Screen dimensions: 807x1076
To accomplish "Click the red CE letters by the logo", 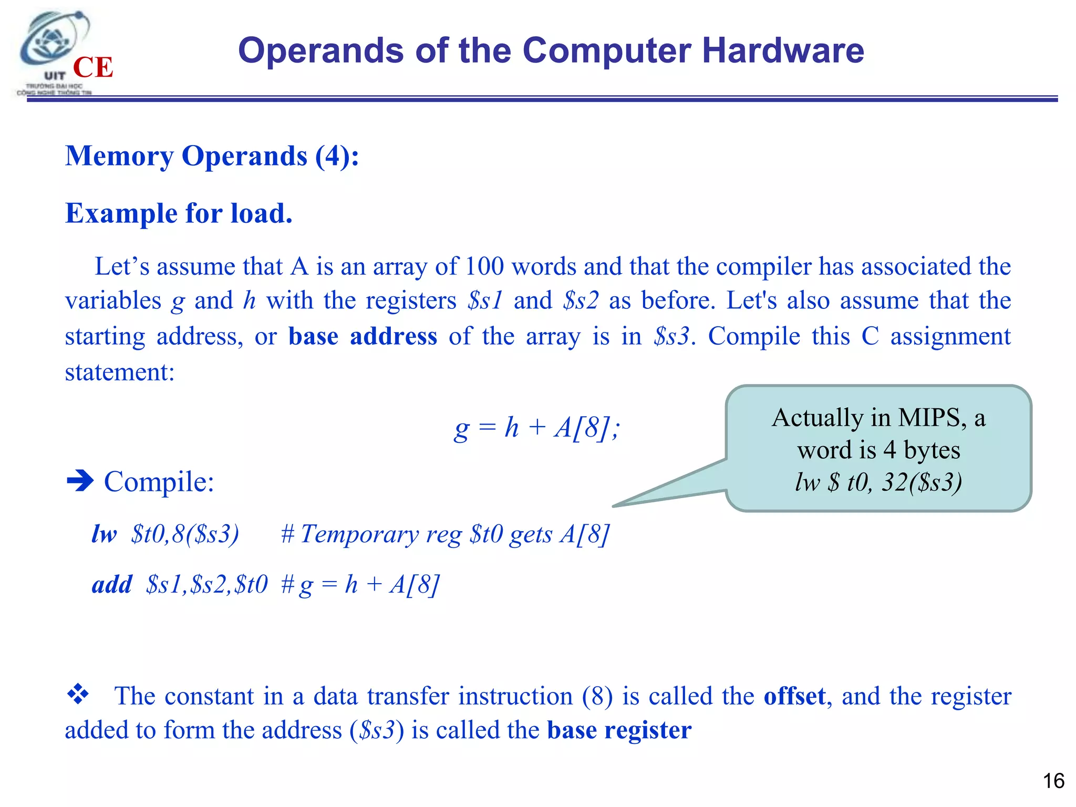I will point(93,67).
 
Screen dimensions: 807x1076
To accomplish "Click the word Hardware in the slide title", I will point(783,50).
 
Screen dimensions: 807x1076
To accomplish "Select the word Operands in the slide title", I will point(320,50).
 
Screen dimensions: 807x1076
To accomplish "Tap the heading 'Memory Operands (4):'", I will point(212,156).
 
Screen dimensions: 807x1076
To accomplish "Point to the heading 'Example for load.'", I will point(179,213).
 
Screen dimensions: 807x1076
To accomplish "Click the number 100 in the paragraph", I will point(484,266).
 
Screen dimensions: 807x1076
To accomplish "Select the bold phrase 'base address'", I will point(363,336).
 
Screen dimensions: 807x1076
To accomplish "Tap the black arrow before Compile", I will point(80,480).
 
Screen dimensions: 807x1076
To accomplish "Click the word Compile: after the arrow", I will point(159,481).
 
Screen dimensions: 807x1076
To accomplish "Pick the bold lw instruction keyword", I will point(104,534).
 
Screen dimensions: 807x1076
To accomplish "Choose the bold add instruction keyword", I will point(112,584).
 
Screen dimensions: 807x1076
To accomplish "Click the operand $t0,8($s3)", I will point(185,534).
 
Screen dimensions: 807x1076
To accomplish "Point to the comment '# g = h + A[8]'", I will point(360,584).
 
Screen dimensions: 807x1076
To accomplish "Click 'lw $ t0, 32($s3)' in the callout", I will point(878,482).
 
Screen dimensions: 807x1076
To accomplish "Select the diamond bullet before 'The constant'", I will point(78,694).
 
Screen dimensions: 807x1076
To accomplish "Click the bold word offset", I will point(794,696).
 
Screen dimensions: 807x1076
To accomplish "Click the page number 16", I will point(1053,781).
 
